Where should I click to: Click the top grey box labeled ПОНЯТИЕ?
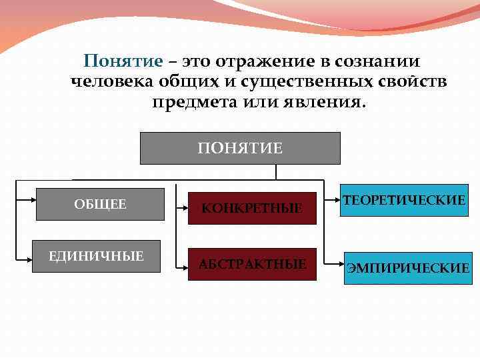(x=240, y=148)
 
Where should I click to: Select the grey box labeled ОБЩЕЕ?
(x=100, y=205)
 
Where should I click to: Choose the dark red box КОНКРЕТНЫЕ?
(x=251, y=208)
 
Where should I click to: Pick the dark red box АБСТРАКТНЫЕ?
(x=251, y=265)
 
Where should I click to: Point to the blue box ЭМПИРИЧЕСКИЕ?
(x=406, y=268)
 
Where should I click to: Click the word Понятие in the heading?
(x=123, y=61)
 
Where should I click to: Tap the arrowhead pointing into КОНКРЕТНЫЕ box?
(x=186, y=208)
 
